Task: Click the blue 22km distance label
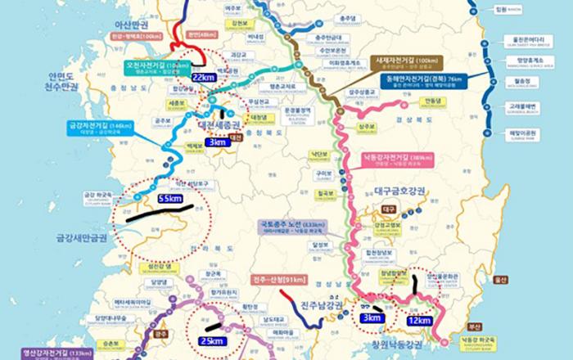point(203,76)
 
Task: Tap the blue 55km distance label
point(169,198)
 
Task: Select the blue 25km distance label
point(214,340)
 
